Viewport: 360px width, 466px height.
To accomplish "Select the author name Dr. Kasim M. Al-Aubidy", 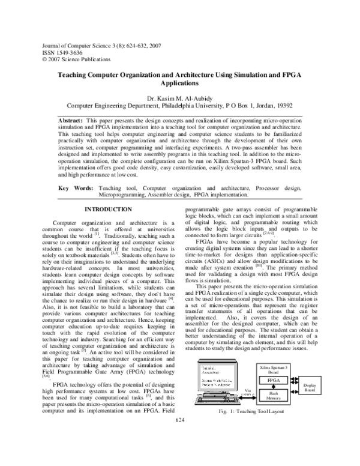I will [180, 97].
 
